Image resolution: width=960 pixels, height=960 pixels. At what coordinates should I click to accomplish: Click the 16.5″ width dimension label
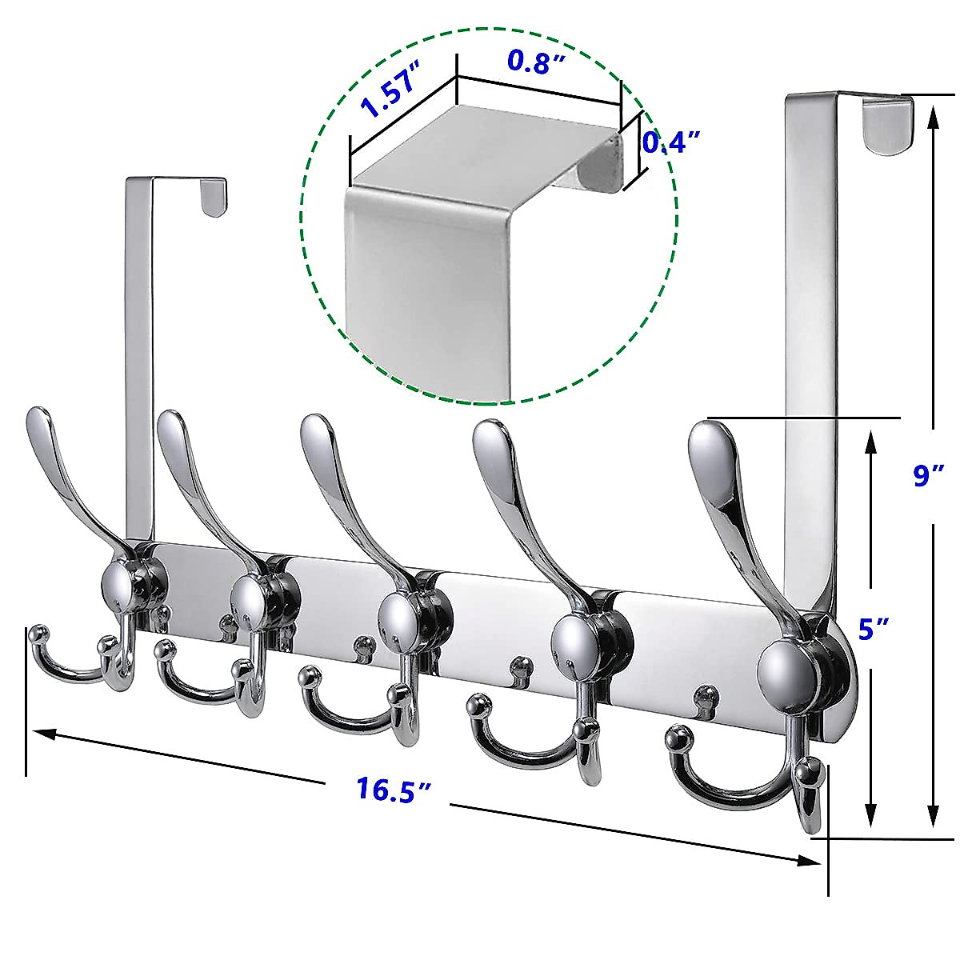394,790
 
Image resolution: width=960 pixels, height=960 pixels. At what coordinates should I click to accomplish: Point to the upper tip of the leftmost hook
40,422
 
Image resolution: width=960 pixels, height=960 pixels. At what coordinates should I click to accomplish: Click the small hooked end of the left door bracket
213,197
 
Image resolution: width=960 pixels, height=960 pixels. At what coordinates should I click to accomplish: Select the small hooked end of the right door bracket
888,124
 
